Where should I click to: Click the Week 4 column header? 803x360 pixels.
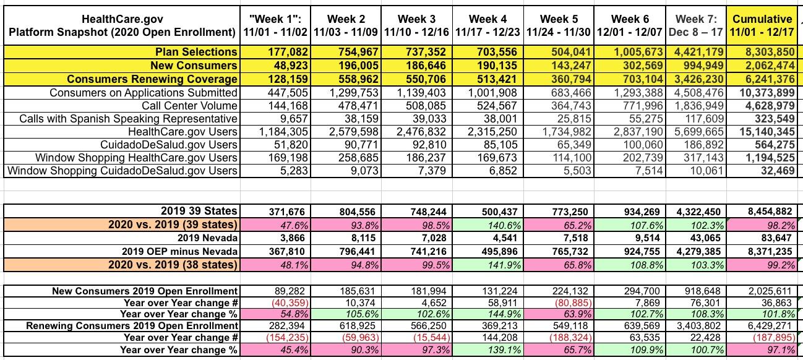point(488,25)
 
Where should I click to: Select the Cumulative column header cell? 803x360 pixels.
point(762,25)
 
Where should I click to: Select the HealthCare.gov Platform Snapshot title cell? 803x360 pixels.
point(120,25)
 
